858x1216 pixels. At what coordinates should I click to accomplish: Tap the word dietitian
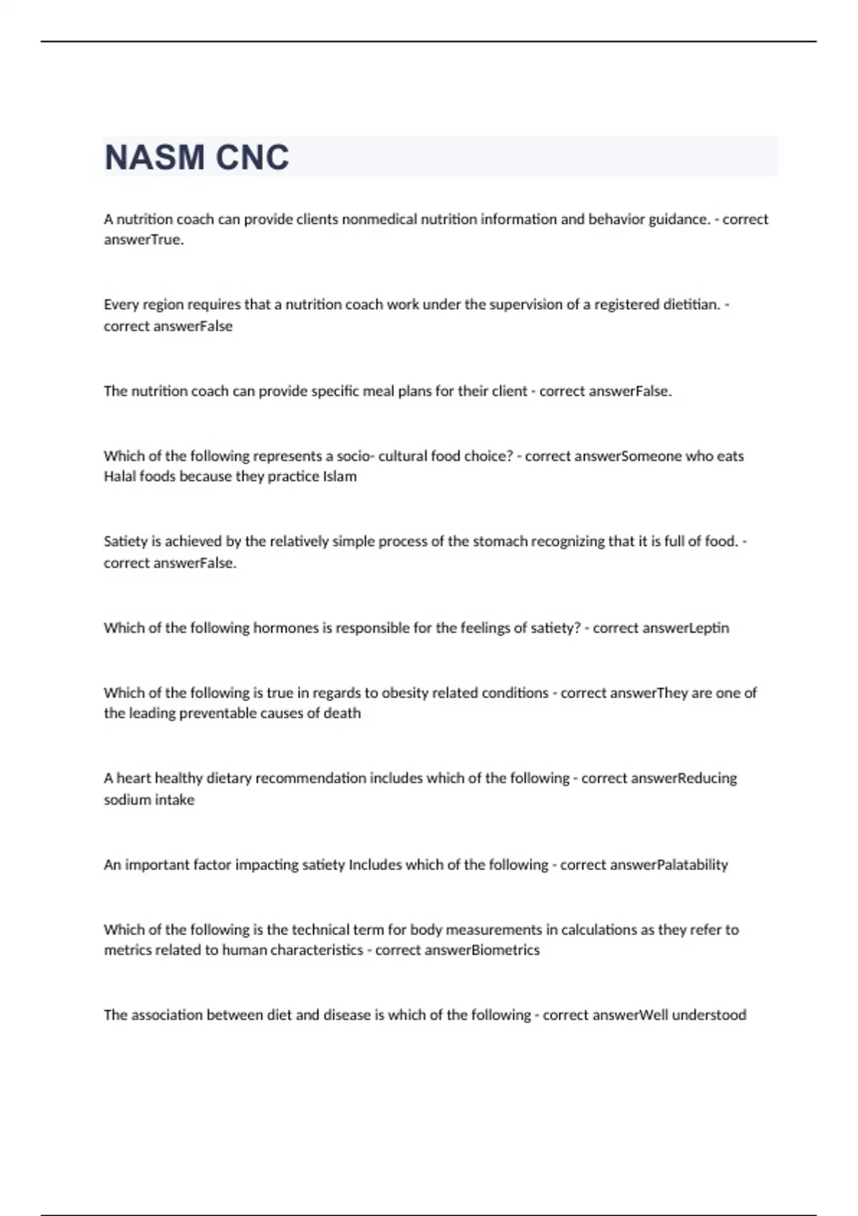pyautogui.click(x=690, y=305)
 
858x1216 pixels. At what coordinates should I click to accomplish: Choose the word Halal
pyautogui.click(x=120, y=476)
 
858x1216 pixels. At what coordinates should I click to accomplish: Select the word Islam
pyautogui.click(x=340, y=476)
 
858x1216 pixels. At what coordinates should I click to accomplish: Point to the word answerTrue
pyautogui.click(x=143, y=240)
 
